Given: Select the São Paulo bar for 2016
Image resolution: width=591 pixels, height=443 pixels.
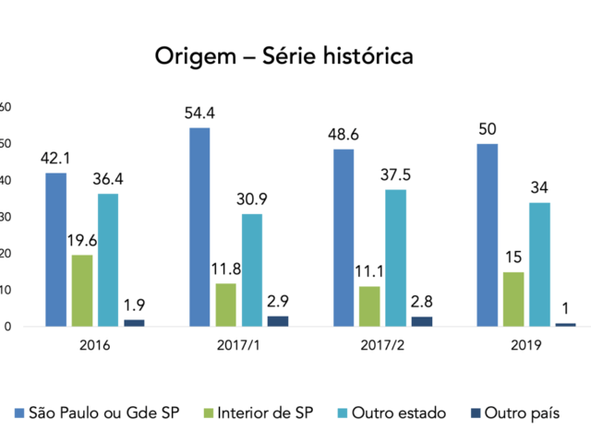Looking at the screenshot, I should coord(55,249).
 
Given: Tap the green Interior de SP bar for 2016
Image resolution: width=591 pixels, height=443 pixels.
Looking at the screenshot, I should coord(81,291).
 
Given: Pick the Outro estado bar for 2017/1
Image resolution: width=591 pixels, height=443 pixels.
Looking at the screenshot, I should coord(252,269).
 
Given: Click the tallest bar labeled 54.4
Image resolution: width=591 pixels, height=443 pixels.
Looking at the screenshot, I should coord(199,227).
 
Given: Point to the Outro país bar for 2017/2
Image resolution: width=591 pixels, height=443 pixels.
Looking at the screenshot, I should coord(422,321).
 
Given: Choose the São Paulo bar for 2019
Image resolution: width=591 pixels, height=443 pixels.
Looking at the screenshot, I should coord(488,234).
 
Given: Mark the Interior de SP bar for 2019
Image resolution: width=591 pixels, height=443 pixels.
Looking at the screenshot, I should coord(513,299).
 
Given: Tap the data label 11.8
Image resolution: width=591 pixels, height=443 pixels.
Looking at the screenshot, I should coord(226,269).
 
